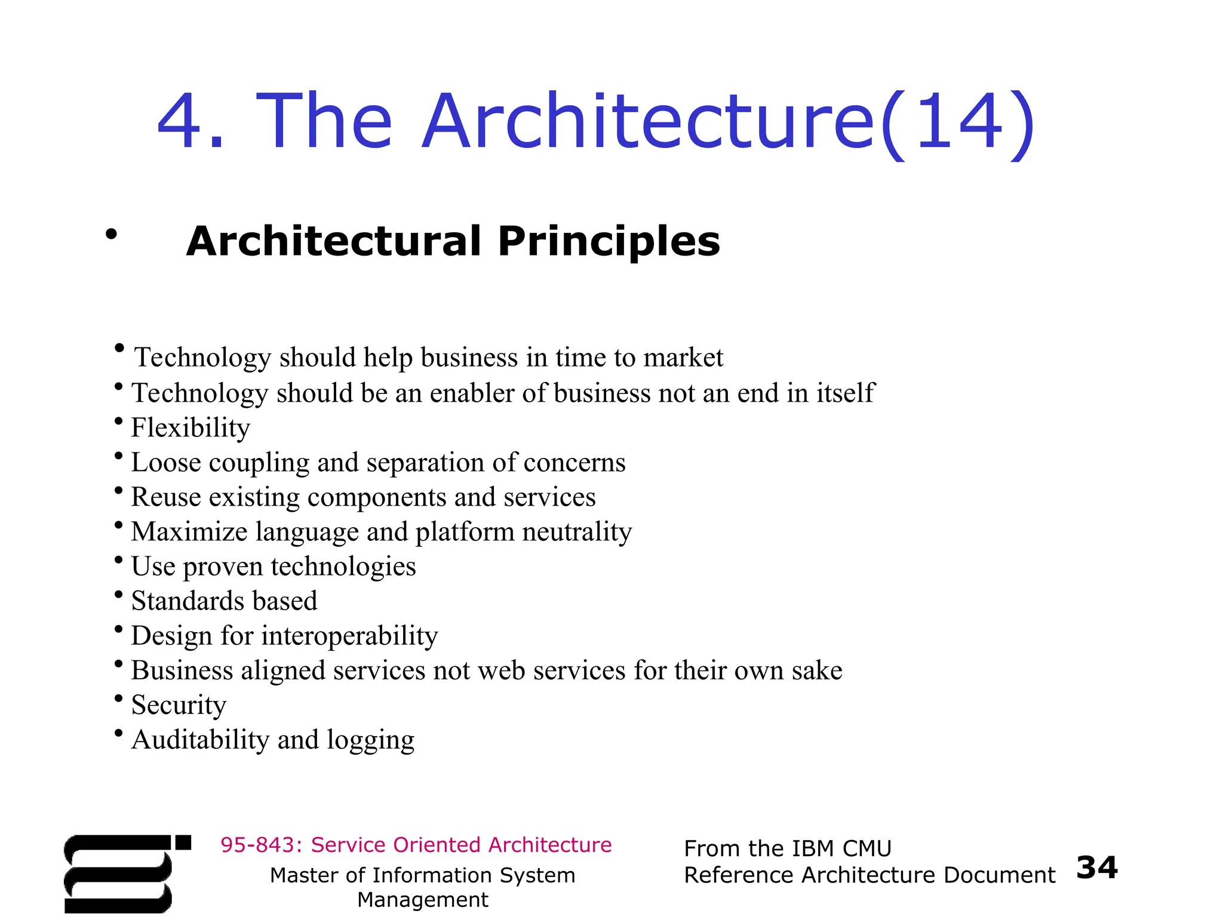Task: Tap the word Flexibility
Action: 190,427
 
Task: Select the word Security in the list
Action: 179,705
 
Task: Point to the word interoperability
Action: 349,636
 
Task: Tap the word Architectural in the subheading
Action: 333,241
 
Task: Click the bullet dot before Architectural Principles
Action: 111,234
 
